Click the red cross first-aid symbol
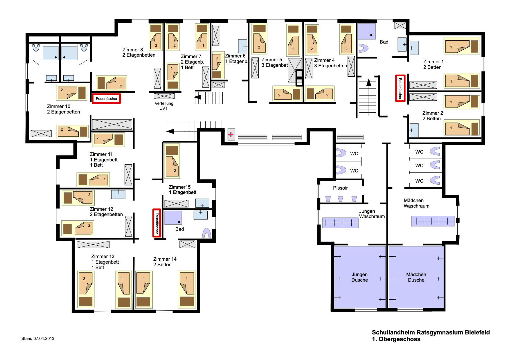[231, 134]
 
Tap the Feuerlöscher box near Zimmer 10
[106, 98]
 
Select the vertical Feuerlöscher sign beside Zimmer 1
[400, 88]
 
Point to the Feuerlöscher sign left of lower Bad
[157, 223]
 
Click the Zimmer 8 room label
[139, 52]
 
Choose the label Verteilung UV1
[164, 106]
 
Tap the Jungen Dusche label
[359, 277]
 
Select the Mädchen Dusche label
[416, 277]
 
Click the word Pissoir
[340, 188]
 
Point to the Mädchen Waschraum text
[416, 203]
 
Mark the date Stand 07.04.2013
[38, 339]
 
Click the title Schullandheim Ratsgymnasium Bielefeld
[431, 332]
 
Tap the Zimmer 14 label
[165, 262]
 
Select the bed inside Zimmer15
[172, 161]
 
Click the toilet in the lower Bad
[206, 233]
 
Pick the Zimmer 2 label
[432, 116]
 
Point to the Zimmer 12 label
[106, 212]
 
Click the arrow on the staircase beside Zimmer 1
[369, 82]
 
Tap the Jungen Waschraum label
[372, 214]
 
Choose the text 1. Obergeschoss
[396, 339]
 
